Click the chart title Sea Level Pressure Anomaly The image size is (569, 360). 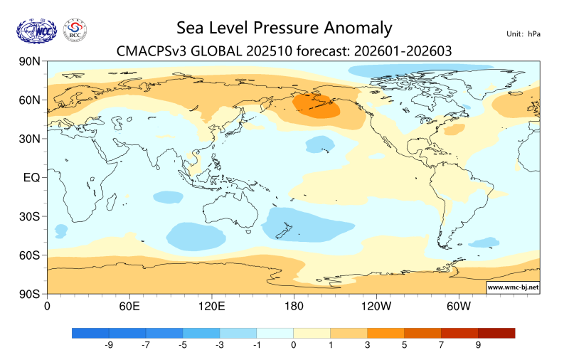click(x=284, y=28)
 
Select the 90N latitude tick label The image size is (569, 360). click(x=29, y=62)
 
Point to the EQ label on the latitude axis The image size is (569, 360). click(x=31, y=177)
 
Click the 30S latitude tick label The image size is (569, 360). click(x=29, y=216)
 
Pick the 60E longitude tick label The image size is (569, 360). click(x=129, y=307)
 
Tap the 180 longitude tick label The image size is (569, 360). click(x=294, y=307)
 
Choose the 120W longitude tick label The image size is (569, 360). click(x=376, y=307)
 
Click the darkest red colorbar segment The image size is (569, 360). click(x=496, y=333)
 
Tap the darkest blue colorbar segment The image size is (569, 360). click(x=90, y=333)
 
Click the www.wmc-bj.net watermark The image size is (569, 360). click(x=512, y=287)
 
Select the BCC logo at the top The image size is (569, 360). click(x=75, y=30)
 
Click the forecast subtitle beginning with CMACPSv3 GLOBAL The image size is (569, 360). click(x=284, y=51)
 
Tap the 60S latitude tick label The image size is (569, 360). click(x=29, y=255)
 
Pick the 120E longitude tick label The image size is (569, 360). click(x=211, y=307)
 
